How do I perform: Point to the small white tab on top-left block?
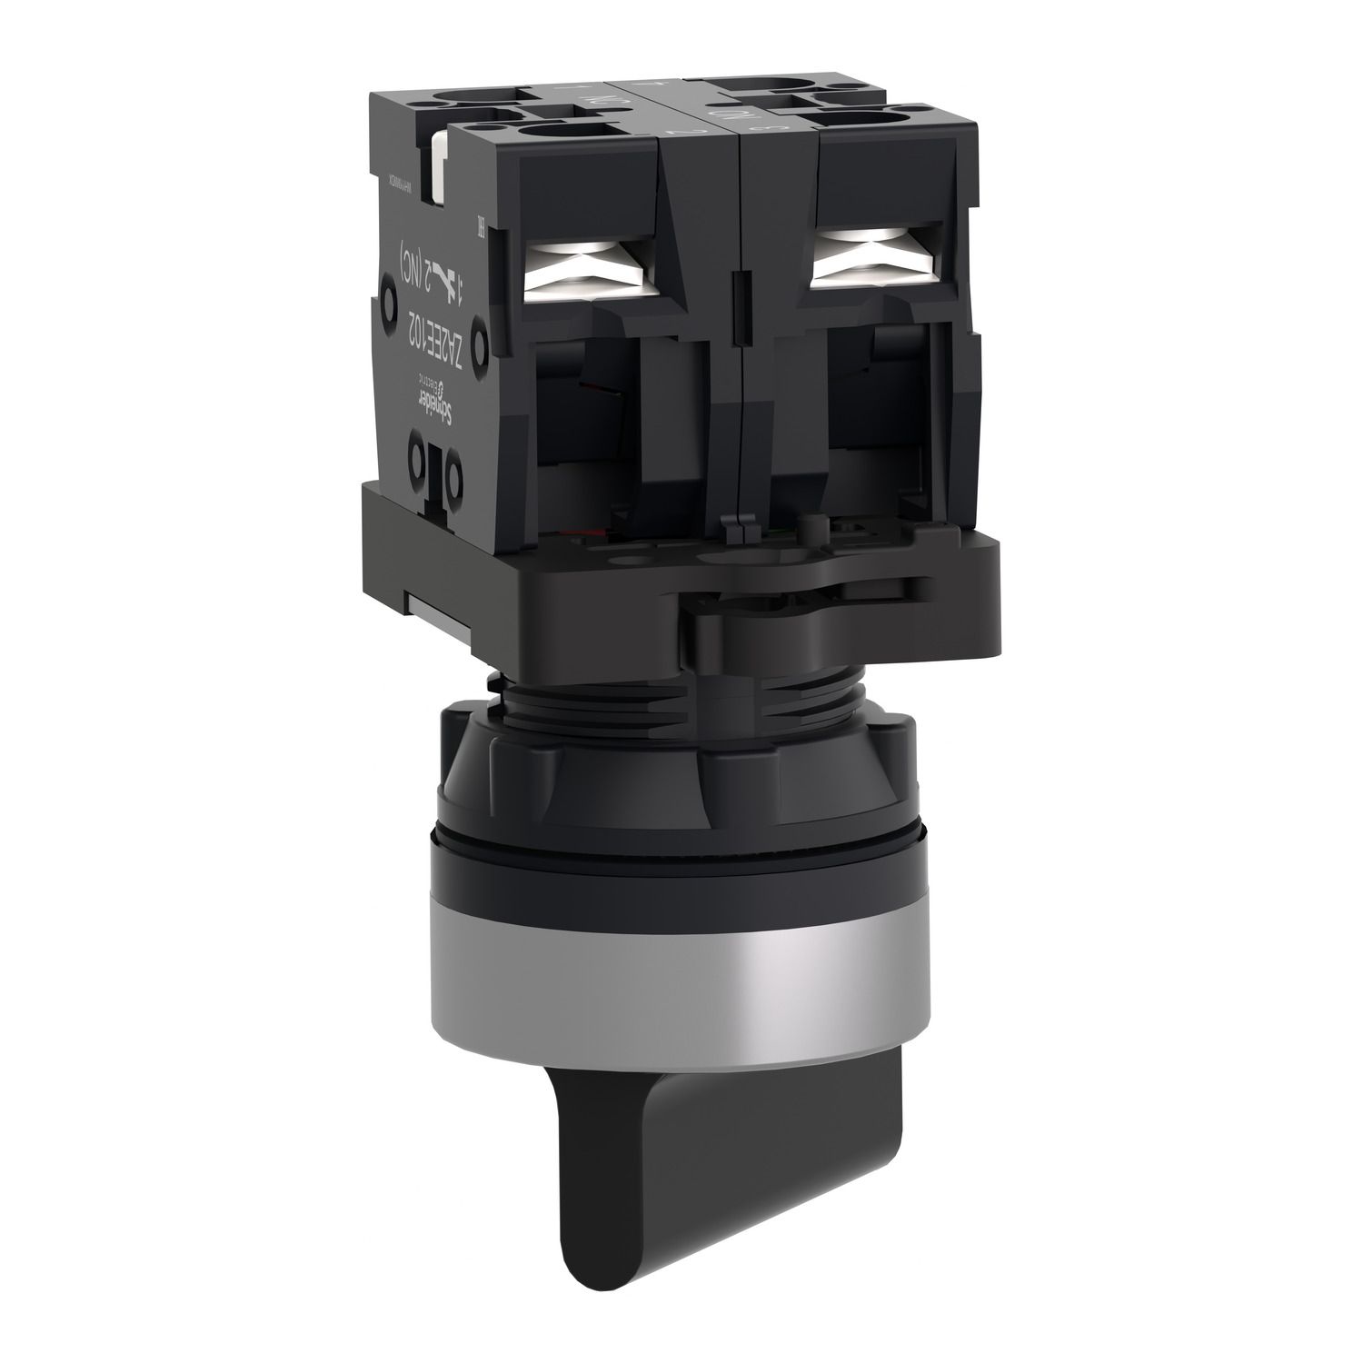[x=442, y=163]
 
